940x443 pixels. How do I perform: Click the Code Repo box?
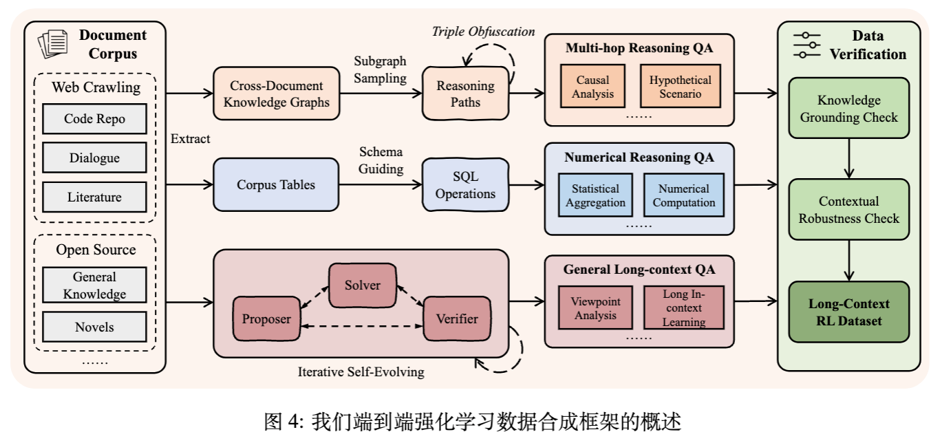(94, 118)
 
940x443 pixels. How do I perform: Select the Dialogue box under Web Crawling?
(94, 158)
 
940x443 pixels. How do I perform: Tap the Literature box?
(94, 197)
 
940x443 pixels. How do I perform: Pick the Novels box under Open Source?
(94, 327)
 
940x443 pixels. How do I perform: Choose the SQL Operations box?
(466, 185)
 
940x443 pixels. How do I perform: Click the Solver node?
(363, 284)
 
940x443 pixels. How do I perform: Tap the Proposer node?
(266, 318)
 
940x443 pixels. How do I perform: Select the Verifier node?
(457, 318)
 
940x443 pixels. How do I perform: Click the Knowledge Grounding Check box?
(853, 109)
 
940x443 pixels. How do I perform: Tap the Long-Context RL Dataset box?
(853, 312)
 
